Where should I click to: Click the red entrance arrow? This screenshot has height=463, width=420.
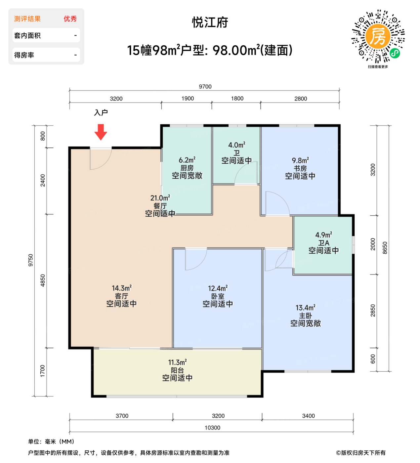[x=101, y=132]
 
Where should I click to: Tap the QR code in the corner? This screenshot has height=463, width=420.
[x=378, y=36]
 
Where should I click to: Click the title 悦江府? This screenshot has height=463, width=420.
[x=210, y=22]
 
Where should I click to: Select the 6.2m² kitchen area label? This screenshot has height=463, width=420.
[x=187, y=160]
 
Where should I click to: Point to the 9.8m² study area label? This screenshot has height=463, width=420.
[x=300, y=161]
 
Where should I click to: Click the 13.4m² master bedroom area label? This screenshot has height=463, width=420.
[x=306, y=308]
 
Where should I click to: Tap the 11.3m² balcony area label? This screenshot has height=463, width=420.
[x=177, y=362]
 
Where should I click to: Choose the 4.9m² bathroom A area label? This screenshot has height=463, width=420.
[x=323, y=235]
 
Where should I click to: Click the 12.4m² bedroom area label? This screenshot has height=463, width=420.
[x=218, y=288]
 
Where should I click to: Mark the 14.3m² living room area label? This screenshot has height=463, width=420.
[x=121, y=288]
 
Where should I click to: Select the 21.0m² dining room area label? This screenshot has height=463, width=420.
[x=160, y=198]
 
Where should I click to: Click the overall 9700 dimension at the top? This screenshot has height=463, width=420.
[x=205, y=87]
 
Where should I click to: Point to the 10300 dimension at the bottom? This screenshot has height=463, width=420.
[x=212, y=428]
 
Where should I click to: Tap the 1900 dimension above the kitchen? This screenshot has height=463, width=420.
[x=188, y=99]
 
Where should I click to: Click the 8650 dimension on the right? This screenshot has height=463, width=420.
[x=385, y=248]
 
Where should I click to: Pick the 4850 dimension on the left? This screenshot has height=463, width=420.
[x=43, y=281]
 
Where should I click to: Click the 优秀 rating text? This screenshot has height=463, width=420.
[x=70, y=19]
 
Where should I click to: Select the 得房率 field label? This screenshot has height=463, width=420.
[x=24, y=55]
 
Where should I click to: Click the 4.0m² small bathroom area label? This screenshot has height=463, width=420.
[x=237, y=145]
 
